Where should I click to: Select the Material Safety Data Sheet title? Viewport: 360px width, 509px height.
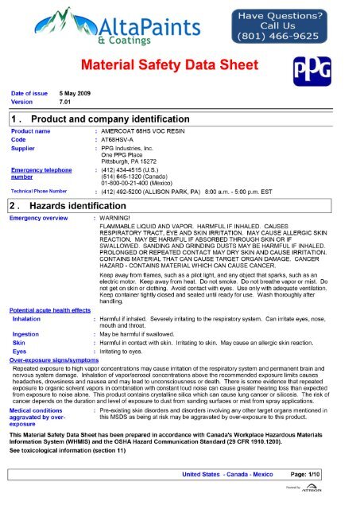click(180, 63)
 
